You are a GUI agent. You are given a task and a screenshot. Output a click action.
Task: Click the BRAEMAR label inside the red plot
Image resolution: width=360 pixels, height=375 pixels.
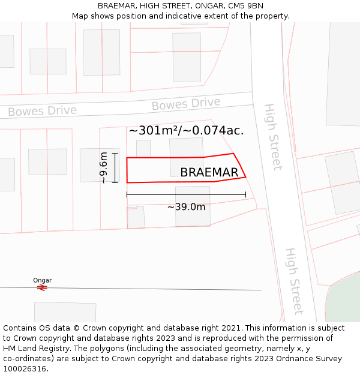click(x=209, y=173)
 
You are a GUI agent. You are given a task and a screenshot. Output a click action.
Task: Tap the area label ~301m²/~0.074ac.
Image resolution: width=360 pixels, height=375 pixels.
click(x=186, y=131)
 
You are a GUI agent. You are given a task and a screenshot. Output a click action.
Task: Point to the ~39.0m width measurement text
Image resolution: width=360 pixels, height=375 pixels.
click(x=186, y=207)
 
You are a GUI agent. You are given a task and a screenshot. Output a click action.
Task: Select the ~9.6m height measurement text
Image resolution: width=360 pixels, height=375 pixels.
click(x=103, y=168)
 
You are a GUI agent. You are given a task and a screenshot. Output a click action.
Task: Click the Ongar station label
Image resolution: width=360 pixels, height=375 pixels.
click(x=42, y=280)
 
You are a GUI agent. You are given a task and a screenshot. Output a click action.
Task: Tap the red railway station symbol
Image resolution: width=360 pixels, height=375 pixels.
click(x=42, y=288)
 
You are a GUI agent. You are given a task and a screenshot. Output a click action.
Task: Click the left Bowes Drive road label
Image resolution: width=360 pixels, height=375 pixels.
click(x=42, y=111)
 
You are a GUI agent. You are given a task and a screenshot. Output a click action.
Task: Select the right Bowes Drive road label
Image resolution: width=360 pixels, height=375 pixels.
click(x=186, y=104)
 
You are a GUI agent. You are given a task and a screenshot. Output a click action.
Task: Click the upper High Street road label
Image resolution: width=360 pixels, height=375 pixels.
click(x=272, y=137)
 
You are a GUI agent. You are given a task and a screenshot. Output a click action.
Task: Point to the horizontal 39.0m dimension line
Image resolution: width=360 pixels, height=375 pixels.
click(x=186, y=194)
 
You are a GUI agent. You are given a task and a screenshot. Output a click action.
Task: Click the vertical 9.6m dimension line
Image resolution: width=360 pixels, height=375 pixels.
click(x=114, y=168)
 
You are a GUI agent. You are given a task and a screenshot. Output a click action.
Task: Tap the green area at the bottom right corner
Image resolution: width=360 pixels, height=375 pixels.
click(x=345, y=300)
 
